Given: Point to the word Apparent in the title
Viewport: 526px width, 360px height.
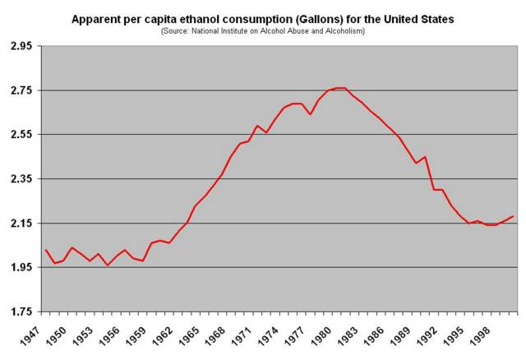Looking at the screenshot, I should click(96, 18).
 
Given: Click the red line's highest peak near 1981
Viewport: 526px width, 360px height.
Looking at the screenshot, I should click(339, 88).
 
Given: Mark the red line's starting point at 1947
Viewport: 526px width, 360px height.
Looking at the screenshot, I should click(46, 250).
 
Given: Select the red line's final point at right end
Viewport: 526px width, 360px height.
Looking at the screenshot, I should click(513, 216).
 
